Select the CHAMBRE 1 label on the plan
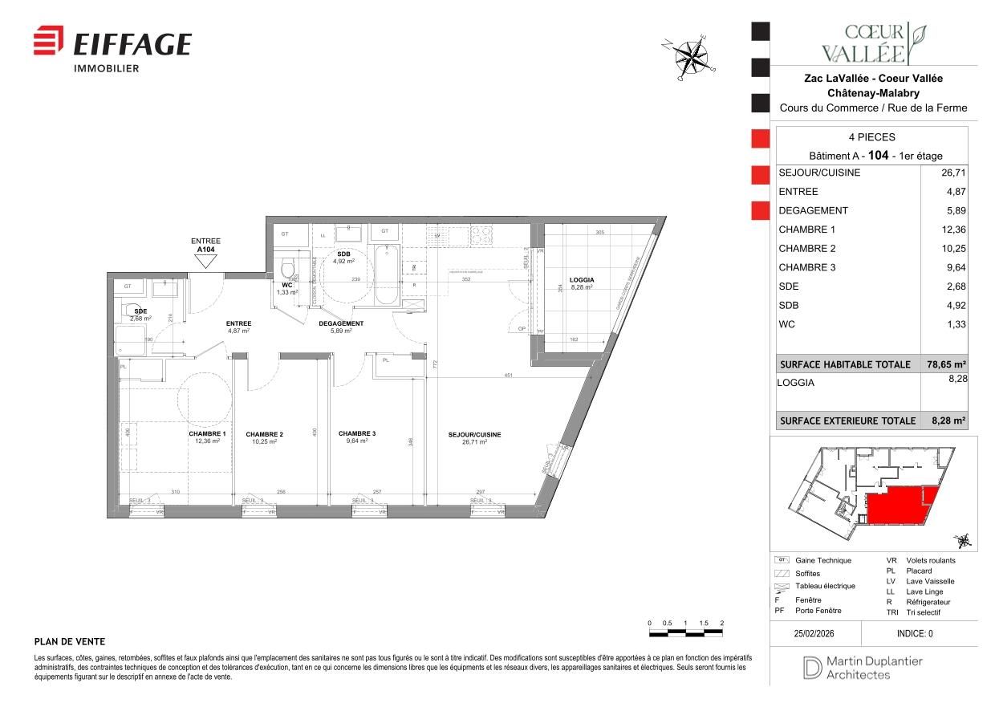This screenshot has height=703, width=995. point(208,435)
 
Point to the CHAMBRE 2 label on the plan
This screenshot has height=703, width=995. point(265,435)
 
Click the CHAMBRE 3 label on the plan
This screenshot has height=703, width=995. point(357,433)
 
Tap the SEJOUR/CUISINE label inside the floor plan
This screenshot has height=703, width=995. point(474,435)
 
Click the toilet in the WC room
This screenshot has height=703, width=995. point(289,268)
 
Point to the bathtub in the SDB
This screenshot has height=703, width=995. point(386,278)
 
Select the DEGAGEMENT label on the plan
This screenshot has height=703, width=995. point(341,324)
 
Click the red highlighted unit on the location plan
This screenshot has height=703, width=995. point(897,506)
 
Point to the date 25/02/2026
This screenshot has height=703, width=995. point(815,633)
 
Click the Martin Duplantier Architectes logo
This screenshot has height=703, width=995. point(863,668)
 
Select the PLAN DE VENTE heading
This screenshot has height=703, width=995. point(70,642)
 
